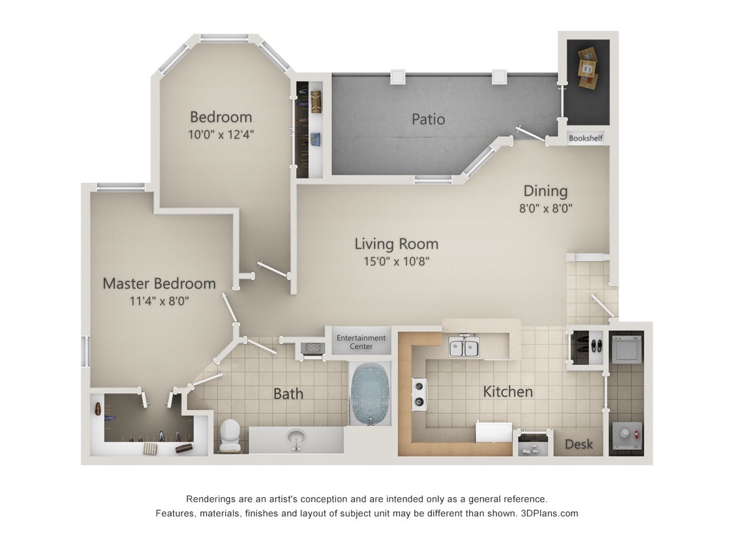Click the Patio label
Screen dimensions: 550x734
point(428,119)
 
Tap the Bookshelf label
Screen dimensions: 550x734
point(585,138)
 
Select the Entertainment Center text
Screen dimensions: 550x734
point(361,342)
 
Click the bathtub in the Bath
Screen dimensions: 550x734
point(370,394)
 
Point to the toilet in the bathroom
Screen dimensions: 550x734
point(230,435)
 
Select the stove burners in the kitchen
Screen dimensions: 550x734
point(418,395)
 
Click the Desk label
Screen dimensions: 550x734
point(578,444)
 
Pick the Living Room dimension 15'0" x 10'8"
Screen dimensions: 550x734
point(396,262)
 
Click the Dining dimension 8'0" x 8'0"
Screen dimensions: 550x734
point(545,209)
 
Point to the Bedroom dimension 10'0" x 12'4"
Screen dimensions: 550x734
point(221,135)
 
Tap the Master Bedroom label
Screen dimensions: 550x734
point(159,283)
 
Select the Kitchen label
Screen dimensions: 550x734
point(508,392)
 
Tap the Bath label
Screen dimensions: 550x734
point(288,394)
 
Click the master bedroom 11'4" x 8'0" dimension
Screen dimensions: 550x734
point(159,301)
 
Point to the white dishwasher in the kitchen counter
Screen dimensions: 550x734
point(494,431)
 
